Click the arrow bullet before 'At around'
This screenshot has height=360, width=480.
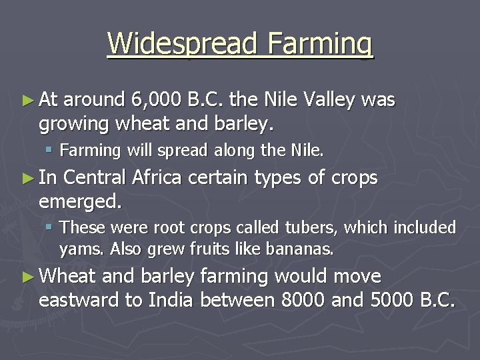click(27, 101)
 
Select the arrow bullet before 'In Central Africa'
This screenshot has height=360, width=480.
click(27, 178)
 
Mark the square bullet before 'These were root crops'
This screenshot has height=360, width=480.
click(50, 228)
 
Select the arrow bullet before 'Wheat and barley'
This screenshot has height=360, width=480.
click(27, 276)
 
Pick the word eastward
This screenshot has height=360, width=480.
click(79, 300)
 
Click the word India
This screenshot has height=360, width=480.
click(172, 300)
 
